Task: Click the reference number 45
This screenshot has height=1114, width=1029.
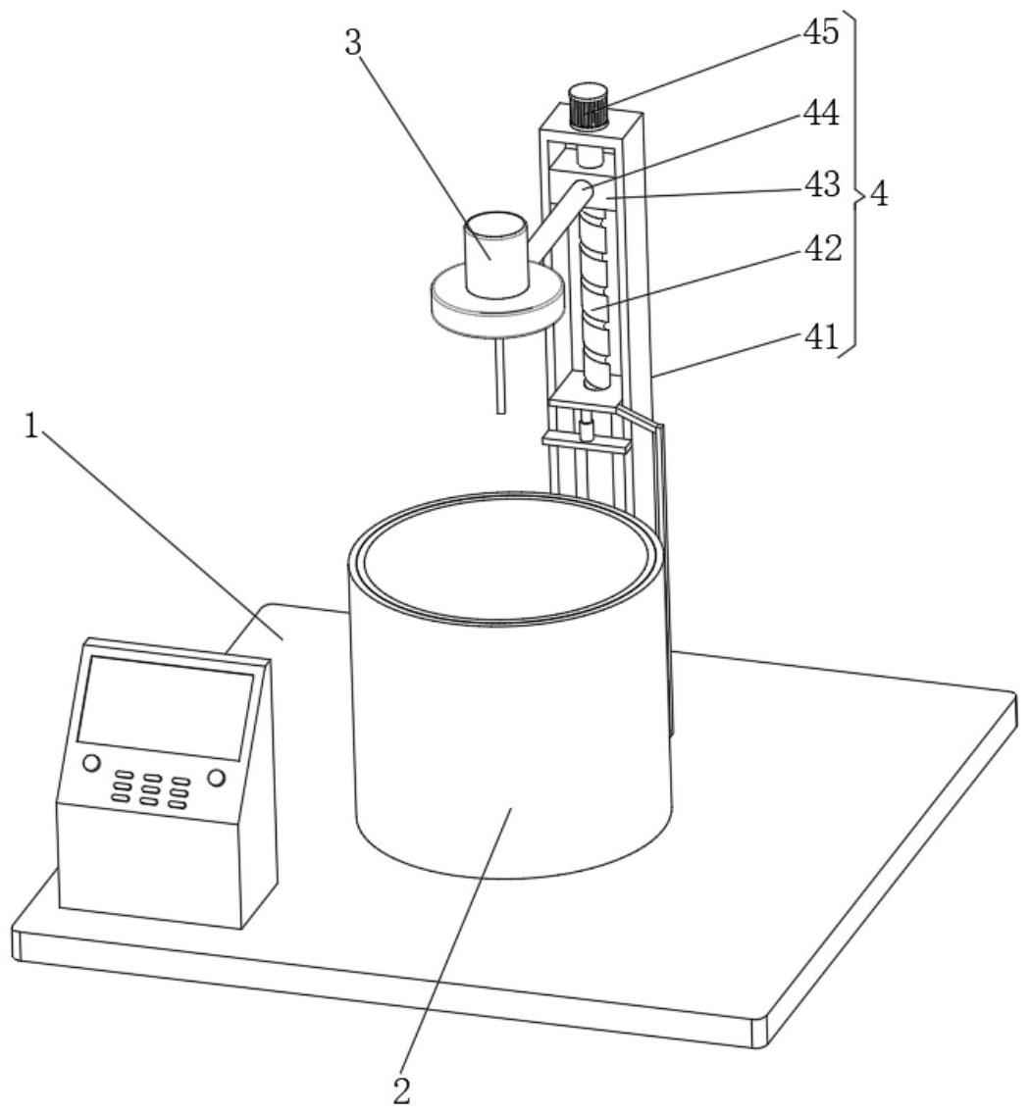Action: coord(821,33)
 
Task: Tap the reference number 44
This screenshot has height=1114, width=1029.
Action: coord(821,115)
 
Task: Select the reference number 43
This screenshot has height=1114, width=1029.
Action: coord(821,183)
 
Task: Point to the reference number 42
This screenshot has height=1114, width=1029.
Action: coord(821,250)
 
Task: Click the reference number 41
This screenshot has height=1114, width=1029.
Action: coord(821,338)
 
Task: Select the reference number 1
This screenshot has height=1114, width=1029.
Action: coord(33,427)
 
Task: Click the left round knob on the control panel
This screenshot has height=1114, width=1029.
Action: coord(91,763)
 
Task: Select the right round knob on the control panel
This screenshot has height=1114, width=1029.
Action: coord(216,779)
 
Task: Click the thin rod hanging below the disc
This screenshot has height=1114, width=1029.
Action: coord(501,378)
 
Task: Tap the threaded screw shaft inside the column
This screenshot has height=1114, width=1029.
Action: coord(594,294)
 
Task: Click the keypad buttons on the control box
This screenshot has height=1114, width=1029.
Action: coord(150,789)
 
